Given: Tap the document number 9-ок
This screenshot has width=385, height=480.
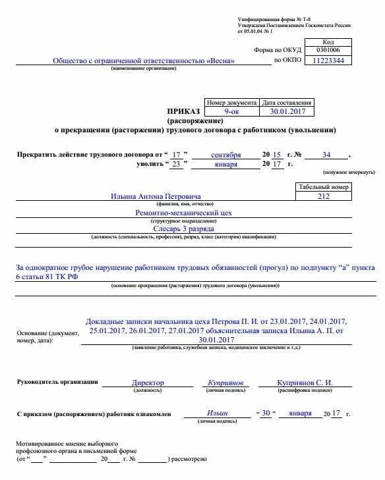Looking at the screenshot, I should click(x=231, y=112).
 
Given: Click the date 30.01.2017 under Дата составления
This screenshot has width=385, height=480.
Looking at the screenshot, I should click(x=287, y=112).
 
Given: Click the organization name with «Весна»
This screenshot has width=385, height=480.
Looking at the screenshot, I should click(x=144, y=61).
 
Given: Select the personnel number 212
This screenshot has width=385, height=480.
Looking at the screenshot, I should click(x=324, y=196).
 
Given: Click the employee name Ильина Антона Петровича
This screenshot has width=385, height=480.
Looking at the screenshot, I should click(x=156, y=196).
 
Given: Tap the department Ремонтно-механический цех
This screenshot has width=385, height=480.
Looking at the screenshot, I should click(x=183, y=213).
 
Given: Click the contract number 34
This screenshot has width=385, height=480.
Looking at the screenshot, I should click(x=326, y=155).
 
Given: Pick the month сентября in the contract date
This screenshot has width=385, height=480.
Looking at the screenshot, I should click(x=226, y=155).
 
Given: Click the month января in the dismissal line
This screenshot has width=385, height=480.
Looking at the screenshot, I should click(x=226, y=165).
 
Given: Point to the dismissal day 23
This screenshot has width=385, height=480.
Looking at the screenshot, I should click(x=176, y=165).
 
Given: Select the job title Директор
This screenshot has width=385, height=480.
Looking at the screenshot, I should click(x=148, y=383).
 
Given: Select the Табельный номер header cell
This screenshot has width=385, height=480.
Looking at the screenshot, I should click(x=324, y=186).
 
